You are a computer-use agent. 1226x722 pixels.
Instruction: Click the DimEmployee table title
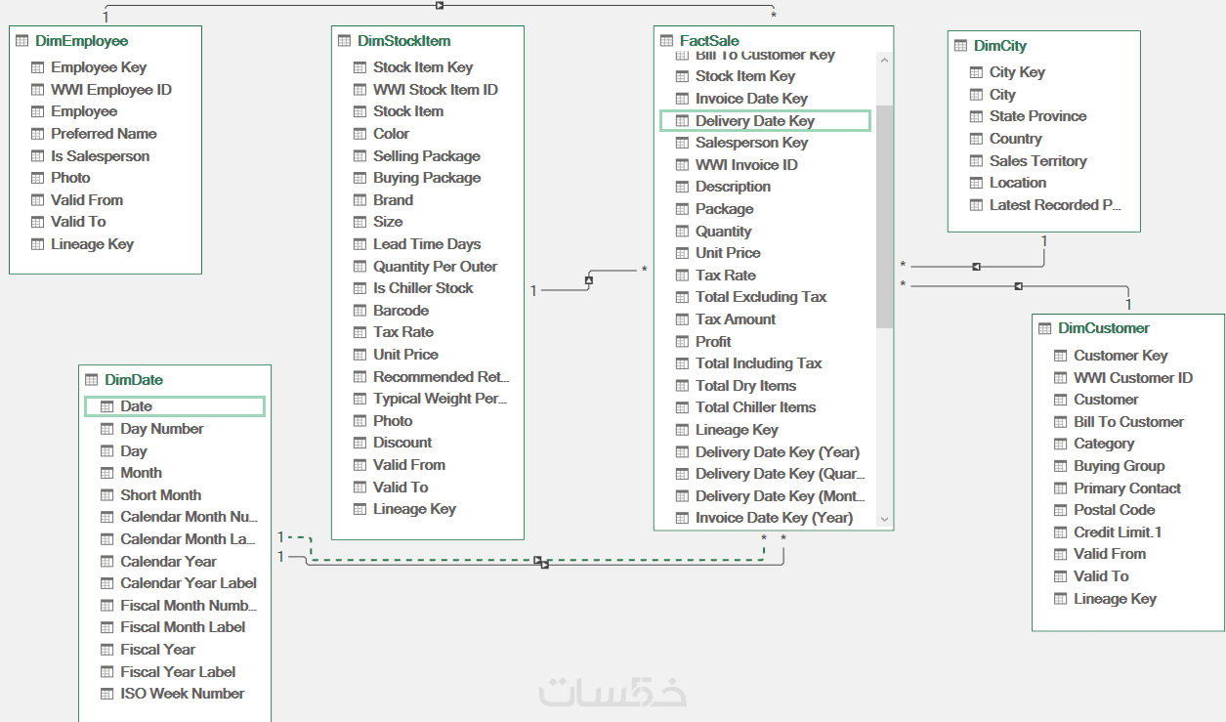pos(81,41)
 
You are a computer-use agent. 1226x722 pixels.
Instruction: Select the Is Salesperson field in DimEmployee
pos(100,156)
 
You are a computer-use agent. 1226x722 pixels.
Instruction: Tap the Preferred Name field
pos(104,134)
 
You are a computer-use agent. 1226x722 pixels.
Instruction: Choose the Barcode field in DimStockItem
pos(401,311)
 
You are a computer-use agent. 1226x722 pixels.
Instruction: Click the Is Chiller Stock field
pos(423,288)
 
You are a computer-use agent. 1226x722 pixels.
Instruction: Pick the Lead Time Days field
pos(427,244)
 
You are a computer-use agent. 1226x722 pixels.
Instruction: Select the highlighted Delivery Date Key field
pos(754,121)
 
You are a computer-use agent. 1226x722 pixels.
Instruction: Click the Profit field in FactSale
pos(713,342)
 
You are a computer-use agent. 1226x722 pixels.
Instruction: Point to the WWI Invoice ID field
pos(746,165)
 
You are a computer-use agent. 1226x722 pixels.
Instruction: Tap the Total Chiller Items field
pos(755,407)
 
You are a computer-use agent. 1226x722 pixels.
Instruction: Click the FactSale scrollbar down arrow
pos(884,520)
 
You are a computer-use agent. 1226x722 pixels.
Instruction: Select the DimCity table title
pos(1000,46)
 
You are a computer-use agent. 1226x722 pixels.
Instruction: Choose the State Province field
pos(1037,116)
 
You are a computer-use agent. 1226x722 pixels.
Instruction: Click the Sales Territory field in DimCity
pos(1037,161)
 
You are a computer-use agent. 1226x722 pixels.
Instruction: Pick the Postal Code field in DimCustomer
pos(1114,510)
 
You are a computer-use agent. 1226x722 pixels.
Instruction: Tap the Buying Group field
pos(1119,466)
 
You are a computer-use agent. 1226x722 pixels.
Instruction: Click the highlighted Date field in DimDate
pos(136,406)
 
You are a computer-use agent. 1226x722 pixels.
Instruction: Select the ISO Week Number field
pos(182,694)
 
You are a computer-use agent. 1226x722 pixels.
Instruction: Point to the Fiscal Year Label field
pos(178,672)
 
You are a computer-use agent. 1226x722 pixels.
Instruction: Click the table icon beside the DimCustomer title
pos(1044,328)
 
